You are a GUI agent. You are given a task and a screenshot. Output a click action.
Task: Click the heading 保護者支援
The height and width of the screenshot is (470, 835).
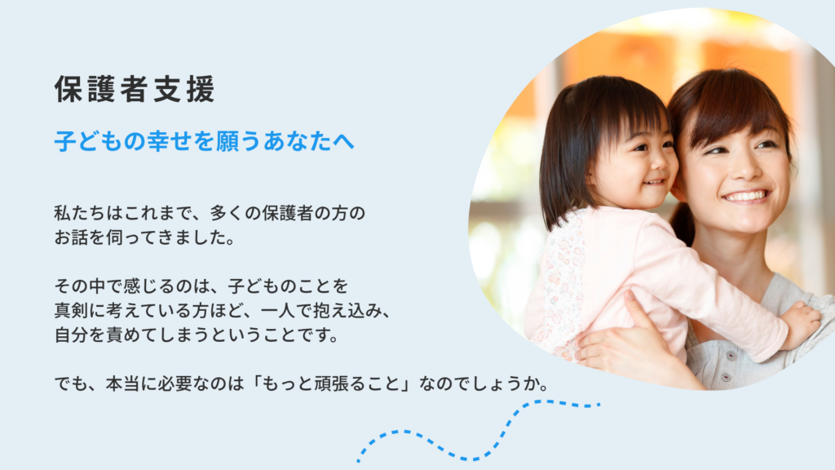[135, 88]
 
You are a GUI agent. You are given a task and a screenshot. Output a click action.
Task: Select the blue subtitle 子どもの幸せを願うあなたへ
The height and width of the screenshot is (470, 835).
[205, 141]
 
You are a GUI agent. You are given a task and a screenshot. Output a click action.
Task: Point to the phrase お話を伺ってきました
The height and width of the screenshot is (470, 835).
[140, 237]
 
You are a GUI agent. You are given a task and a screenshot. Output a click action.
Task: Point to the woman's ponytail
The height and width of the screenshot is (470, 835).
[683, 223]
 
